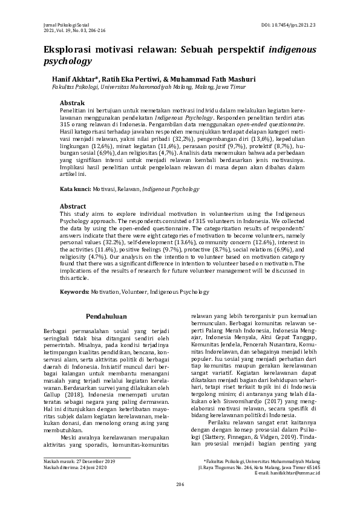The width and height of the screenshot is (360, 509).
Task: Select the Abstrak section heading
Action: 72,103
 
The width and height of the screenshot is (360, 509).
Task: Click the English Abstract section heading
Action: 73,206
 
